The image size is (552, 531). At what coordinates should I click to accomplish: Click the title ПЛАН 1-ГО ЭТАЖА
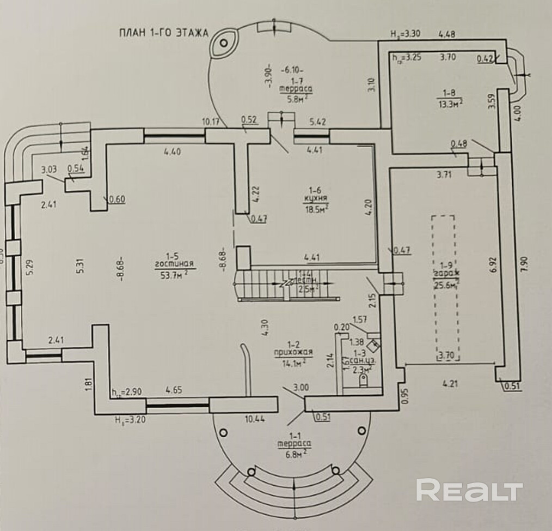pos(164,33)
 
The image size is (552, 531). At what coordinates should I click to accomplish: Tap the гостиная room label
pos(174,263)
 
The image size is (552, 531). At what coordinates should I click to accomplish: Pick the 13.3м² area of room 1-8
pos(450,101)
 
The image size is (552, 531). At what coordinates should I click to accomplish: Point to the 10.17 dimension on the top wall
pos(211,122)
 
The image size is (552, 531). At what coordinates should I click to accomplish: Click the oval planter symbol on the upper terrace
pos(223,43)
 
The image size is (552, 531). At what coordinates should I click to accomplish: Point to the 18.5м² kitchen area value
pos(312,208)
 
